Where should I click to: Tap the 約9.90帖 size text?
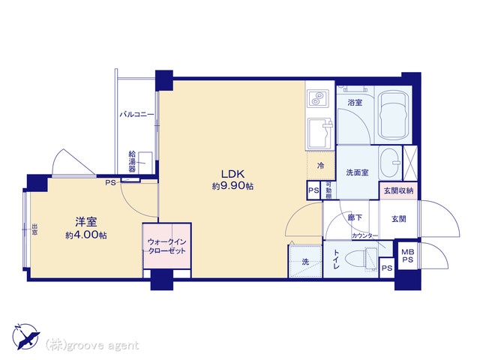(x=231, y=185)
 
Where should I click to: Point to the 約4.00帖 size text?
(x=85, y=235)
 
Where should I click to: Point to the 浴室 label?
(x=354, y=103)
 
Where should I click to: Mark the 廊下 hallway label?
(x=355, y=217)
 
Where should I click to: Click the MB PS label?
(x=407, y=256)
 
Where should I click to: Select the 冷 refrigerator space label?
(x=320, y=166)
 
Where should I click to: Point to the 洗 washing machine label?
(x=304, y=262)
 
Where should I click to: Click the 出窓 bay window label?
(x=34, y=228)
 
